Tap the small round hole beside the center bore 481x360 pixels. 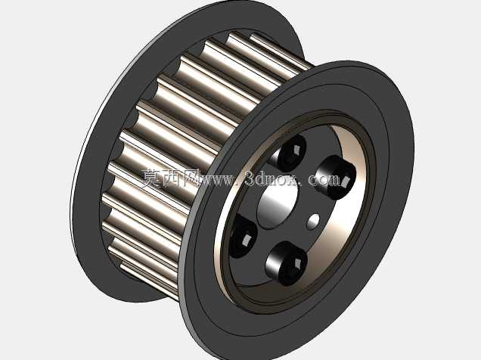tap(313, 222)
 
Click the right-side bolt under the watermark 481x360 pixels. tap(336, 177)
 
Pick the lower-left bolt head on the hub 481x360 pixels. tap(242, 235)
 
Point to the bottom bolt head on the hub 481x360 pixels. tap(287, 263)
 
